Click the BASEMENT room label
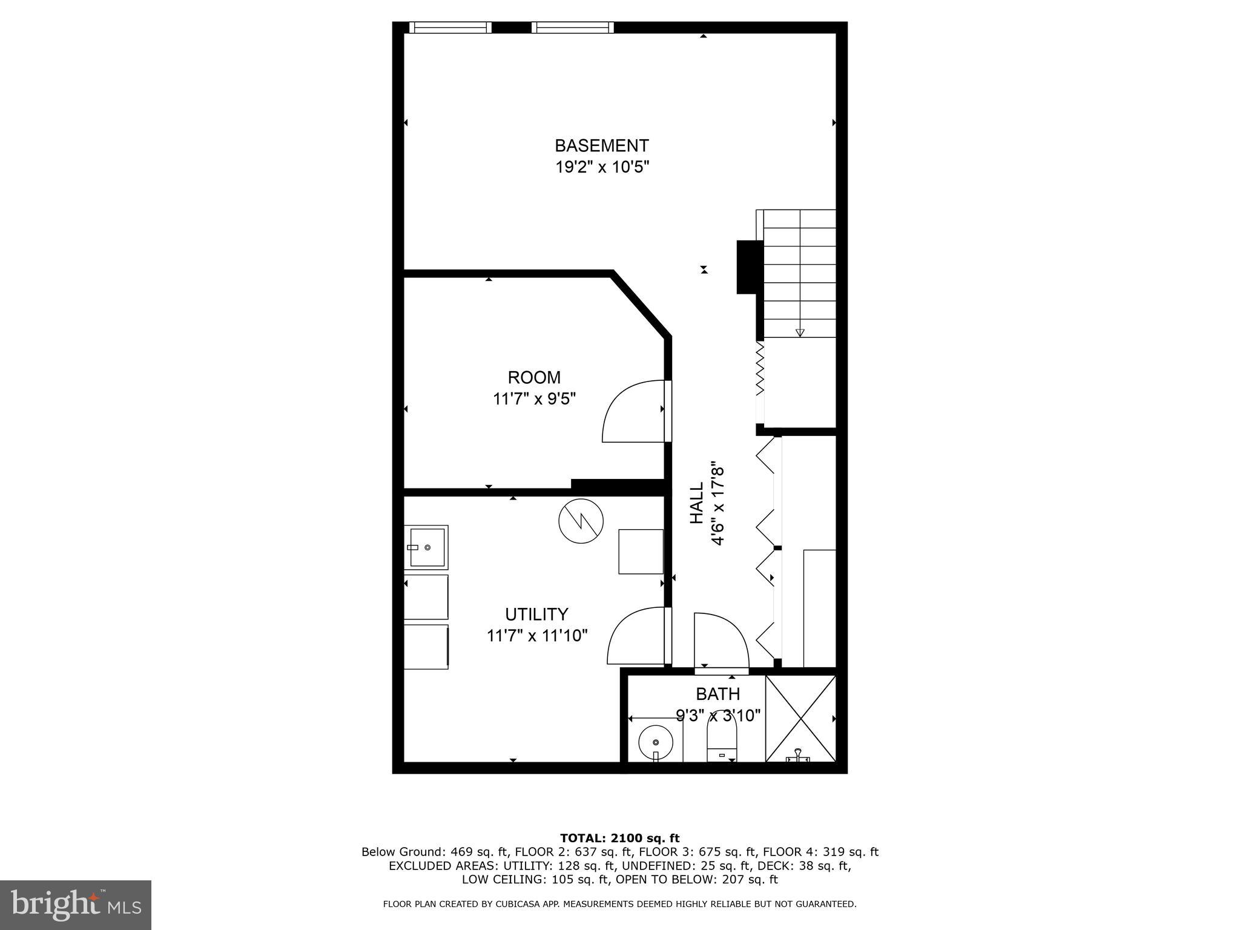pos(601,146)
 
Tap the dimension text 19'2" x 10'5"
pos(602,167)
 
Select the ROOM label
pos(534,378)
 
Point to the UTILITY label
pos(536,615)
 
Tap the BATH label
pos(717,694)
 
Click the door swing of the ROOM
pos(633,412)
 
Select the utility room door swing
pos(638,637)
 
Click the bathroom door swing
pos(721,641)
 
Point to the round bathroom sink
pos(656,742)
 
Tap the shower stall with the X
pos(800,718)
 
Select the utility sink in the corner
pos(427,547)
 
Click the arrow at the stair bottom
pos(799,332)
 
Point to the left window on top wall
pos(449,27)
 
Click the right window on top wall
pos(572,27)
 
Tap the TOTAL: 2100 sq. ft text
pos(619,839)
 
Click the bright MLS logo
pos(76,905)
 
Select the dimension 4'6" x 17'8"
pos(718,505)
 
